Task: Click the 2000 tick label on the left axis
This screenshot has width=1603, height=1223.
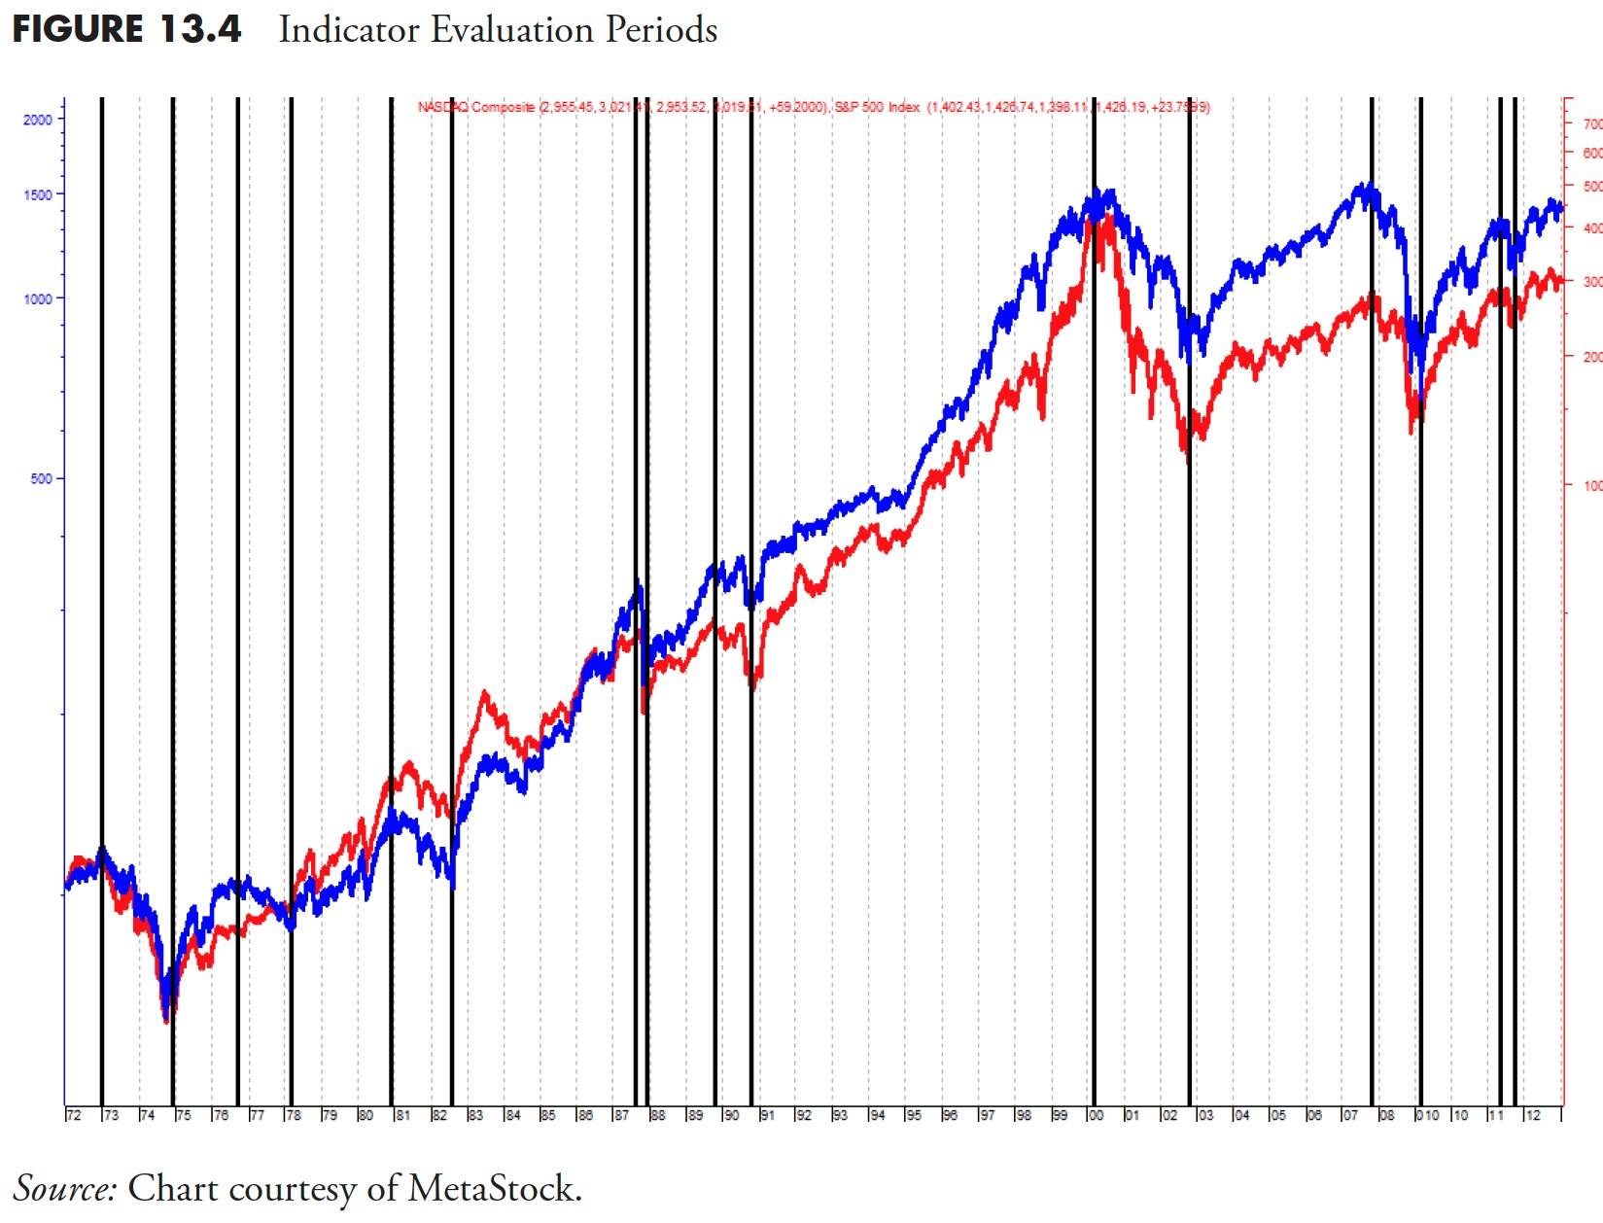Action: pyautogui.click(x=38, y=120)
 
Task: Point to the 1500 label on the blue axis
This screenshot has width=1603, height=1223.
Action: pyautogui.click(x=38, y=194)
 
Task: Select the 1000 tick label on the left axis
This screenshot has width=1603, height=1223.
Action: pyautogui.click(x=38, y=299)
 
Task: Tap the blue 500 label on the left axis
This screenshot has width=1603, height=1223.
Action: pyautogui.click(x=41, y=479)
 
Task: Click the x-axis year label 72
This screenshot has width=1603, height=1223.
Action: pyautogui.click(x=74, y=1115)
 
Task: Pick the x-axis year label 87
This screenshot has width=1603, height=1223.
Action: pyautogui.click(x=621, y=1115)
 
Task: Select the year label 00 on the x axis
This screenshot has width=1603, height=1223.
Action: pyautogui.click(x=1096, y=1115)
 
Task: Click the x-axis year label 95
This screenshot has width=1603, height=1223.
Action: pyautogui.click(x=914, y=1115)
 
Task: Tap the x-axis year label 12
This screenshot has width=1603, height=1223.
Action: pyautogui.click(x=1533, y=1115)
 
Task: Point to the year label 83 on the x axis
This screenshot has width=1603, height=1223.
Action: pyautogui.click(x=475, y=1115)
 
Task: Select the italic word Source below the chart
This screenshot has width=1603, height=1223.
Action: pyautogui.click(x=64, y=1188)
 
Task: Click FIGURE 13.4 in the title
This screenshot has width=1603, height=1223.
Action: pyautogui.click(x=126, y=29)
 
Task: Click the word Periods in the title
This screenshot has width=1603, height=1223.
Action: pyautogui.click(x=661, y=29)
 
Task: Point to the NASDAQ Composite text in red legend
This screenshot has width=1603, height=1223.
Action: pyautogui.click(x=476, y=107)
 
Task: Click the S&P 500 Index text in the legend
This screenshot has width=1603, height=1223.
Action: pyautogui.click(x=877, y=107)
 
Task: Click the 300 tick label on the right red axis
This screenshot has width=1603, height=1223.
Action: pyautogui.click(x=1591, y=282)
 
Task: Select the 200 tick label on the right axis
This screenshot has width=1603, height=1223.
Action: pyautogui.click(x=1591, y=357)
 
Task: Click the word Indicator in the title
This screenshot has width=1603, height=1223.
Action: pyautogui.click(x=349, y=29)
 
